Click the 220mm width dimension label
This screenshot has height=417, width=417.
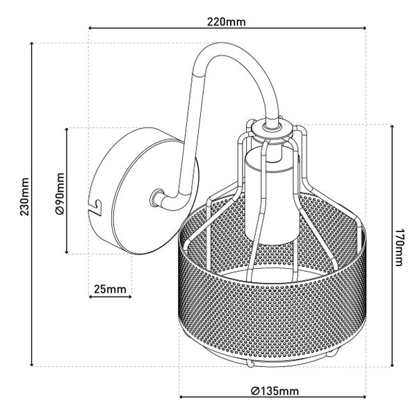tap(227, 22)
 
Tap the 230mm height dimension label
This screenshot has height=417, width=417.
tap(25, 197)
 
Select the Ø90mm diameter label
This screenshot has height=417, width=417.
tap(60, 193)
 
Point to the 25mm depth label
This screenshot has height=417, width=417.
tap(110, 289)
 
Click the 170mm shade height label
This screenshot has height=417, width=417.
tap(398, 247)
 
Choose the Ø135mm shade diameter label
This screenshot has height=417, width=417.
tap(275, 391)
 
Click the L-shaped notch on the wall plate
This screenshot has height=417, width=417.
tap(96, 207)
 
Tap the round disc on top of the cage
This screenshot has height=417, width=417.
tap(272, 129)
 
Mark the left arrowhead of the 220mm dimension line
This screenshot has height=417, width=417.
tap(90, 28)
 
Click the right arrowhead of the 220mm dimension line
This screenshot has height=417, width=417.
tap(363, 28)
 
